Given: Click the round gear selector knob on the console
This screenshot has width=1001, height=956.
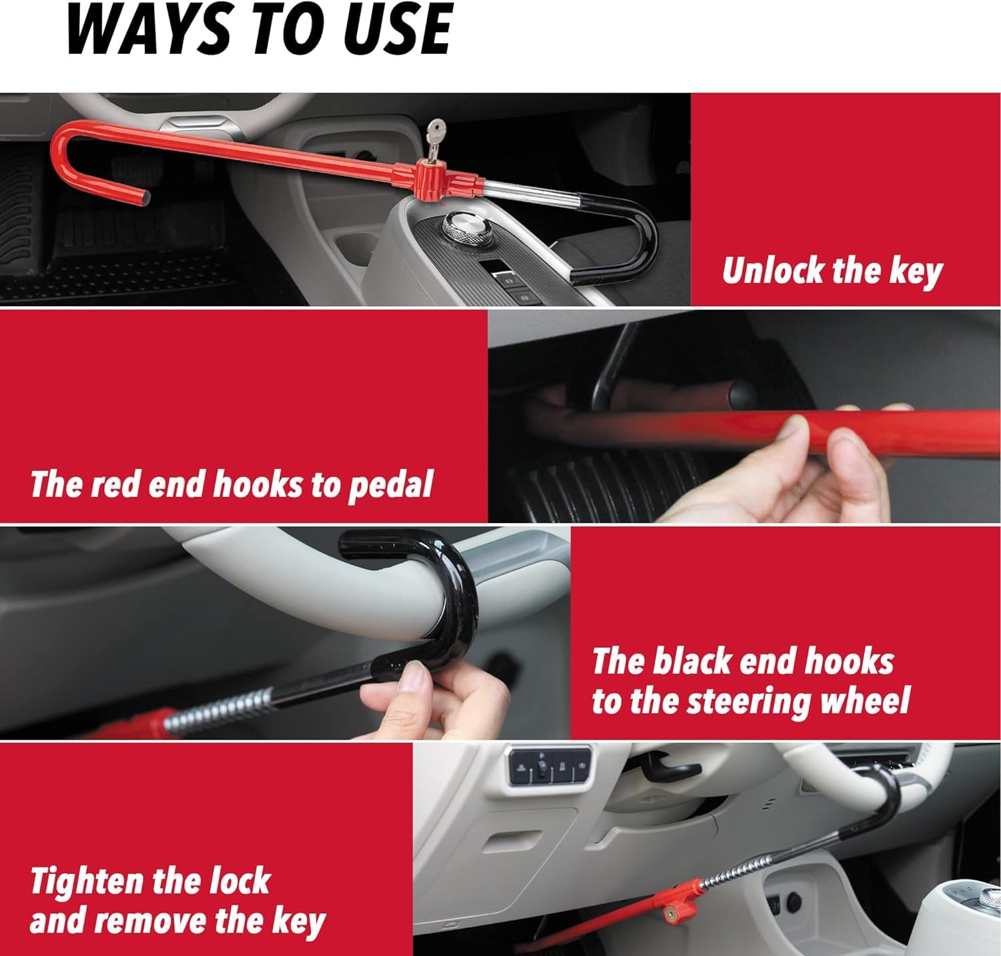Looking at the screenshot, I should [x=462, y=225].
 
